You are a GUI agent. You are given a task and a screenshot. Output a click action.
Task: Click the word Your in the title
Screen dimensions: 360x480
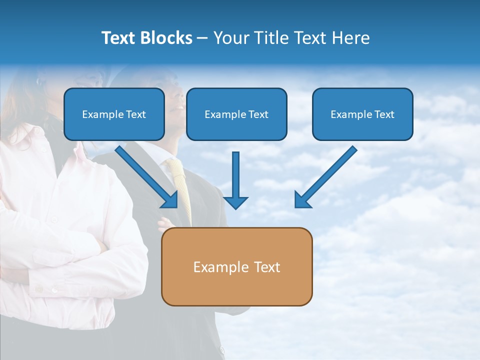pos(231,38)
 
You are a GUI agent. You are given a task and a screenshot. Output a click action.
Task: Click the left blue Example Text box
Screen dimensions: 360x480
pos(114,114)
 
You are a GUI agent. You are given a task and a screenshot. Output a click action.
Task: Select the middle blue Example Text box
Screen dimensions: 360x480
pos(236,114)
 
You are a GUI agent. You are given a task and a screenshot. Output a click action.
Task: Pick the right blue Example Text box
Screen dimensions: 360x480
pos(362,114)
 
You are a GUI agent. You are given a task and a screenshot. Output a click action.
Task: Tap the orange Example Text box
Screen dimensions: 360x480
pos(236,267)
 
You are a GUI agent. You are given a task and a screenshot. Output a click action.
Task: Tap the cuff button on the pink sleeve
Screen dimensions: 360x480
pos(53,289)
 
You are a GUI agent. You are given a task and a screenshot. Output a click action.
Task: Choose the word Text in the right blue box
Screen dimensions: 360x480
pos(384,114)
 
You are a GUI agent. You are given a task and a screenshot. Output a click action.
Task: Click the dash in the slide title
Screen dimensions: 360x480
pos(202,38)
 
